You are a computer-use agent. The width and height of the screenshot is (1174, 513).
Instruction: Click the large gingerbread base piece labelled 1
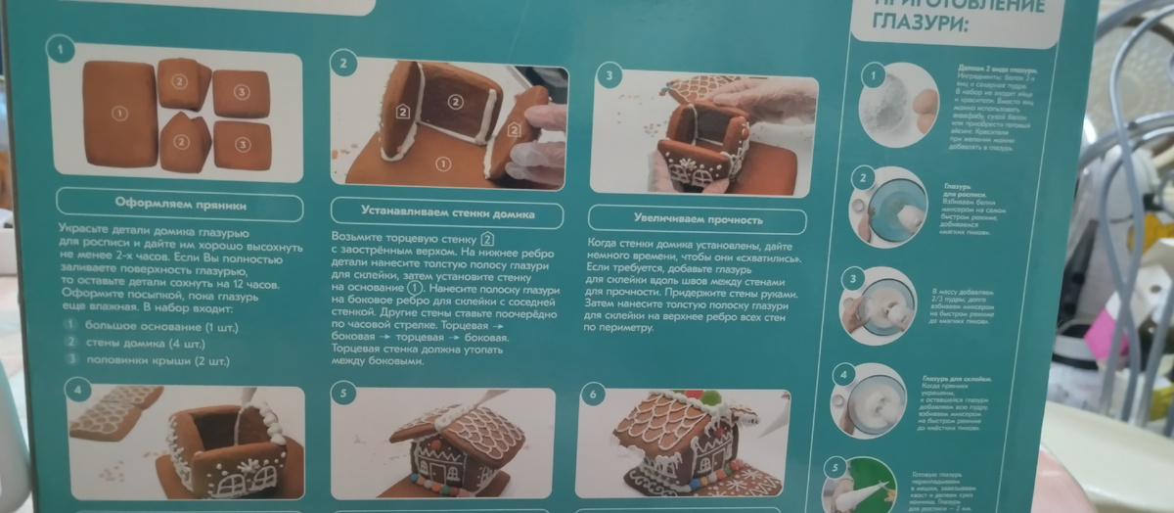click(x=119, y=114)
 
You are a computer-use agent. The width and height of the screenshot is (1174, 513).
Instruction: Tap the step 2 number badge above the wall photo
click(x=343, y=64)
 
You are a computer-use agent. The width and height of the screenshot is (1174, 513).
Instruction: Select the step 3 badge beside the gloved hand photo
click(x=610, y=74)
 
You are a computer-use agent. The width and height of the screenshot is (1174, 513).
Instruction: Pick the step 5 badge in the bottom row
click(x=343, y=395)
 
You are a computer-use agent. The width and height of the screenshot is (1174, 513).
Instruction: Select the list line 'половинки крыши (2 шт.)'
click(x=157, y=360)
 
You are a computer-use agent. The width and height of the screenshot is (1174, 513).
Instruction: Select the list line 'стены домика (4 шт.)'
click(x=147, y=343)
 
